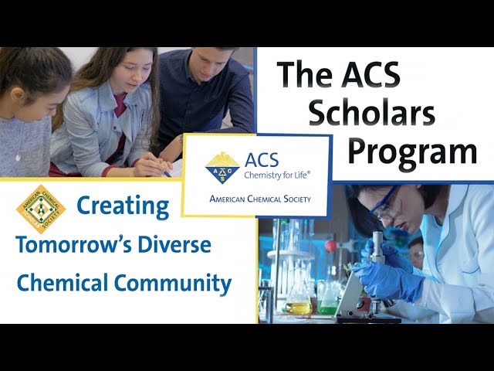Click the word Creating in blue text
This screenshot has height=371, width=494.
[x=123, y=206]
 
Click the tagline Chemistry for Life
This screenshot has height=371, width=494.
[x=276, y=176]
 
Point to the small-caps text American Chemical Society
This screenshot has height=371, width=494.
[x=259, y=199]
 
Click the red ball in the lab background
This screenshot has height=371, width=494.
[x=330, y=246]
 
